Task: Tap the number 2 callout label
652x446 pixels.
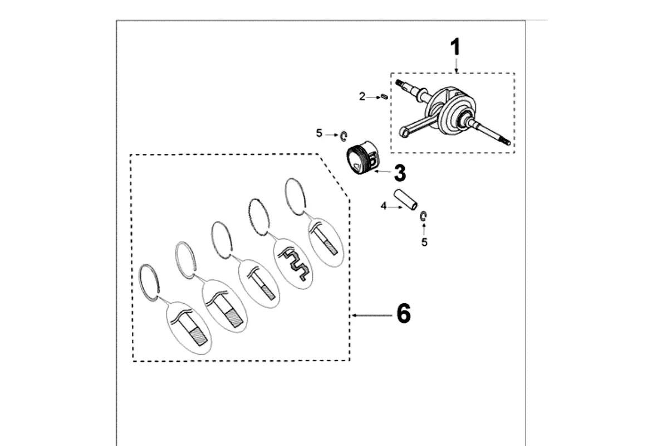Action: pos(362,96)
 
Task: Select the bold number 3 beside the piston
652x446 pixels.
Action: pos(400,173)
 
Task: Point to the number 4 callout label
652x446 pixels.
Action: pos(384,206)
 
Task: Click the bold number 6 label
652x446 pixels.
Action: pos(404,313)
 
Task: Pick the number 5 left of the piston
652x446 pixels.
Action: pos(319,133)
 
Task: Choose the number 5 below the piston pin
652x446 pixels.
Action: pos(424,242)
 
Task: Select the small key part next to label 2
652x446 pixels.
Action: pos(385,96)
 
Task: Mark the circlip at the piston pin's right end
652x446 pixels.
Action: pos(423,216)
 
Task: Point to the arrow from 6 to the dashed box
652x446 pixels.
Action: pos(372,316)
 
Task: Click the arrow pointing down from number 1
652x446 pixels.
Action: pos(457,65)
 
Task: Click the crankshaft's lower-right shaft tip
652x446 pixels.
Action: pos(507,143)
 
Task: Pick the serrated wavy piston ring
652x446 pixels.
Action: pos(259,216)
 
